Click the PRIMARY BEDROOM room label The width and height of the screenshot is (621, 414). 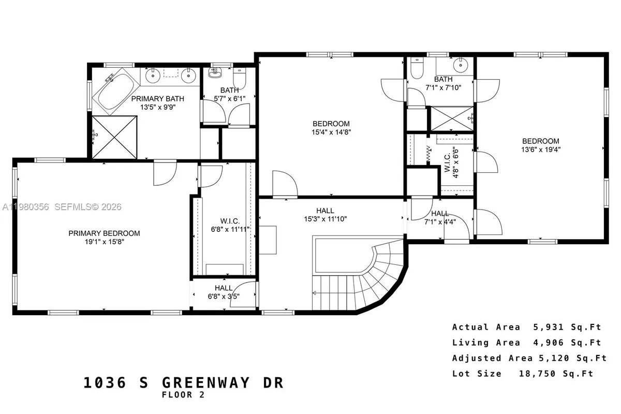point(104,233)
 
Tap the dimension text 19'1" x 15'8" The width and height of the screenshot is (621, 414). point(104,242)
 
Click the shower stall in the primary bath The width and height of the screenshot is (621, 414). point(115,137)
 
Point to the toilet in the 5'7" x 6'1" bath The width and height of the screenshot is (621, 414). point(240,78)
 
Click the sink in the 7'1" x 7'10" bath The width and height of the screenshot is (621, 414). point(459,66)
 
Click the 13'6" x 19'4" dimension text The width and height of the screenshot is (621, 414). point(540,149)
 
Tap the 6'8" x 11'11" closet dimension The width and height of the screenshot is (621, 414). point(223,229)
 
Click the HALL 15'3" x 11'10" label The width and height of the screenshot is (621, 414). point(325,211)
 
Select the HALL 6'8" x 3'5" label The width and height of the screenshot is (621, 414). point(224,288)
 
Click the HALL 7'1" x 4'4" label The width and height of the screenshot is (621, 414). point(440,213)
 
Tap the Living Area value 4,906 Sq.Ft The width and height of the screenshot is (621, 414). point(567,343)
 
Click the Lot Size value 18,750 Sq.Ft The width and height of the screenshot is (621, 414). point(556,374)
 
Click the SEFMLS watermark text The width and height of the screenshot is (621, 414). point(77,207)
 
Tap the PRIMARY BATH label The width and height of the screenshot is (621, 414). point(157,98)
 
